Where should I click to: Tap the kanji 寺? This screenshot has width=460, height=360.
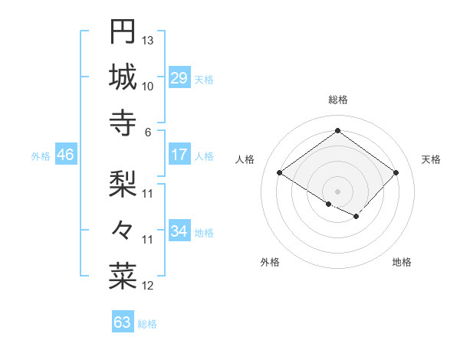click(123, 123)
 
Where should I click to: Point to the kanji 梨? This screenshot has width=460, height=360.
click(123, 183)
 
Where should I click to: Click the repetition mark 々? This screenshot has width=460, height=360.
click(123, 229)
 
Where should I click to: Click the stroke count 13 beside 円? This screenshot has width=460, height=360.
click(149, 40)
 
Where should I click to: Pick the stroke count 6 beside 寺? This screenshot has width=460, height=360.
click(149, 132)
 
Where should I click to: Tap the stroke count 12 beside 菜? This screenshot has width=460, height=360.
click(149, 286)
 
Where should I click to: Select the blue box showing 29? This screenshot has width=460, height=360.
click(179, 79)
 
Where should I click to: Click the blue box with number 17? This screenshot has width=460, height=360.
click(179, 155)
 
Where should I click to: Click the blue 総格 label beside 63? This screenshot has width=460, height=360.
click(147, 324)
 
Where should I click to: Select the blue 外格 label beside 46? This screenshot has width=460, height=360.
click(41, 156)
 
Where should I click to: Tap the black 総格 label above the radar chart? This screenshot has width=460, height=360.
click(337, 100)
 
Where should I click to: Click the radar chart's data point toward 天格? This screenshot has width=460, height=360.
click(396, 173)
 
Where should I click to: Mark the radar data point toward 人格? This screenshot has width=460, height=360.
click(279, 173)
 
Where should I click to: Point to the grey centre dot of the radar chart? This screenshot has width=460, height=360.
click(337, 190)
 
